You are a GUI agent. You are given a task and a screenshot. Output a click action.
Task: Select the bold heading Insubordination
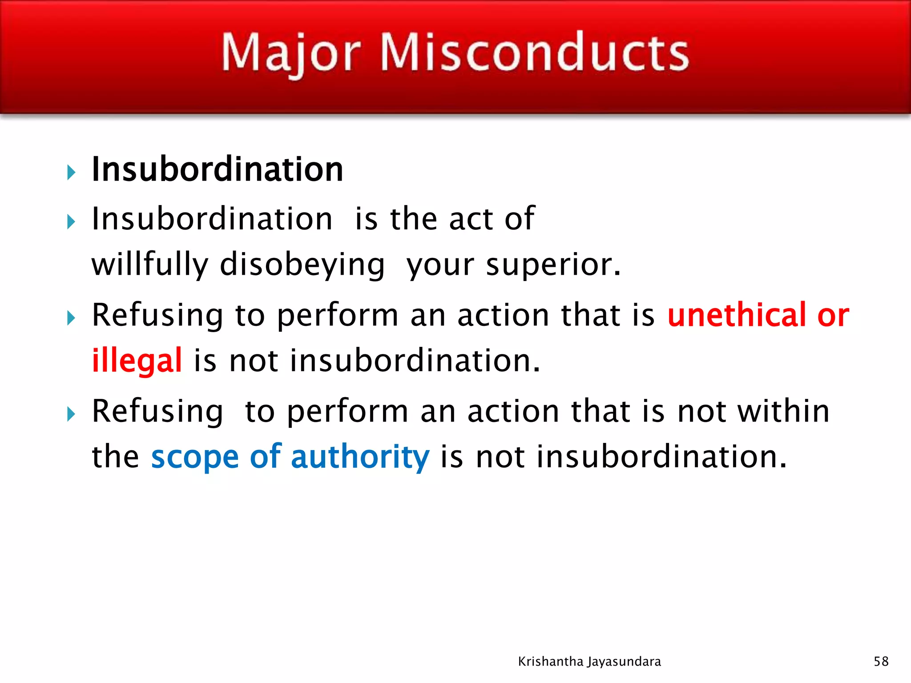[217, 169]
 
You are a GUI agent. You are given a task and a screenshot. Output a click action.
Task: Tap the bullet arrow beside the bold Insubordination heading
[71, 173]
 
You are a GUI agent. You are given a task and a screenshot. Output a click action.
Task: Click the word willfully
[149, 265]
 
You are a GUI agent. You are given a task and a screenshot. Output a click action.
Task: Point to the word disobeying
[302, 265]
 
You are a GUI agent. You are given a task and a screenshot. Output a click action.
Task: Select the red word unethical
[737, 315]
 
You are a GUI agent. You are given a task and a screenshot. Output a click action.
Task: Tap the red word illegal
[137, 360]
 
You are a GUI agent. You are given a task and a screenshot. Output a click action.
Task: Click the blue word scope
[195, 457]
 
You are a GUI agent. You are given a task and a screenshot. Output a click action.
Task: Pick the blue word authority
[360, 457]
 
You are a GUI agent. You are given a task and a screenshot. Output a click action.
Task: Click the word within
[783, 411]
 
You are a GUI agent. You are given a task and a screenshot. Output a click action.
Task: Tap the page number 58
[881, 661]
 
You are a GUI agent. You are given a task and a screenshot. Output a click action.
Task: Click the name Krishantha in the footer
[551, 662]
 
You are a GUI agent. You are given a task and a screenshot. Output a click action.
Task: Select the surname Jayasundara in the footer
[625, 662]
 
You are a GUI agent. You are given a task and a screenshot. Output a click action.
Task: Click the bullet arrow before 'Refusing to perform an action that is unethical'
[71, 318]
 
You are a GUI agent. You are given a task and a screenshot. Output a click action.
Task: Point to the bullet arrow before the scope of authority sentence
[71, 414]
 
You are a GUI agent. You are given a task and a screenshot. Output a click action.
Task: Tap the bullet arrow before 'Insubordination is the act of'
[71, 221]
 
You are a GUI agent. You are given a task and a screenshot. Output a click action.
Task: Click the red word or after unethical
[833, 315]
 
